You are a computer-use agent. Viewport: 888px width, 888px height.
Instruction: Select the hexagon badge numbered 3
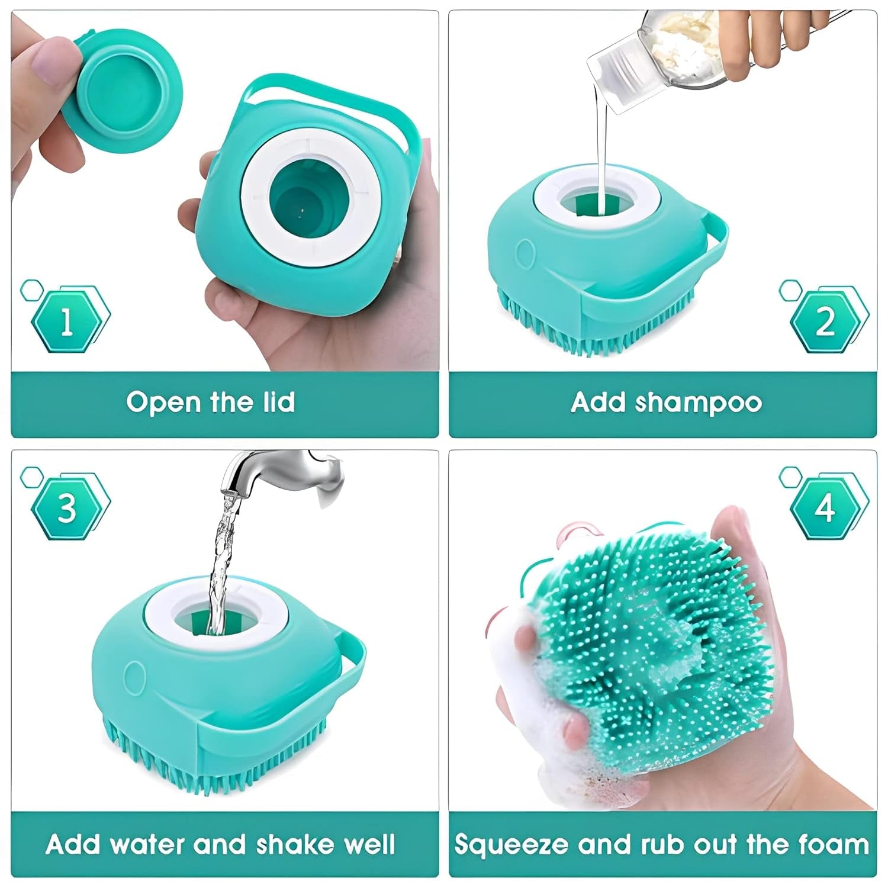click(x=67, y=508)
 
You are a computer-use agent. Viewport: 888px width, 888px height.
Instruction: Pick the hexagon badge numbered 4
click(x=825, y=508)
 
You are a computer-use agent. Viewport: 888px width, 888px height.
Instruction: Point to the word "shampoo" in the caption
click(x=698, y=403)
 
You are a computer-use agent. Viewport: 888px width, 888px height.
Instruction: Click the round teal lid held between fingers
click(x=128, y=92)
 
